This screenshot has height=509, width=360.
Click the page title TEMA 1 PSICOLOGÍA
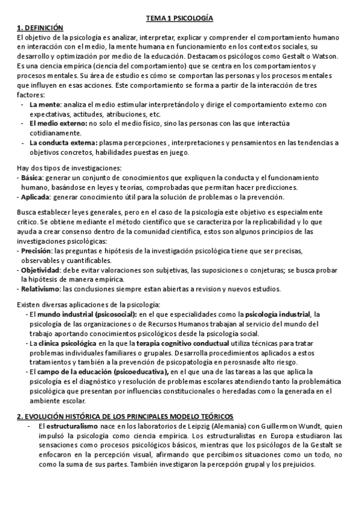[180, 19]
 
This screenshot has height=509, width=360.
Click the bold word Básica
[31, 178]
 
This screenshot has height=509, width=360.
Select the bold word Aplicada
[35, 197]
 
